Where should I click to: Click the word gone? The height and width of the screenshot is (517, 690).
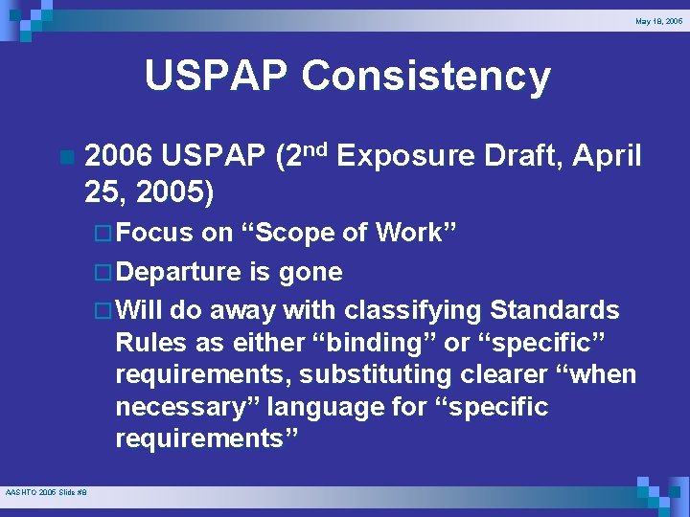[310, 272]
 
